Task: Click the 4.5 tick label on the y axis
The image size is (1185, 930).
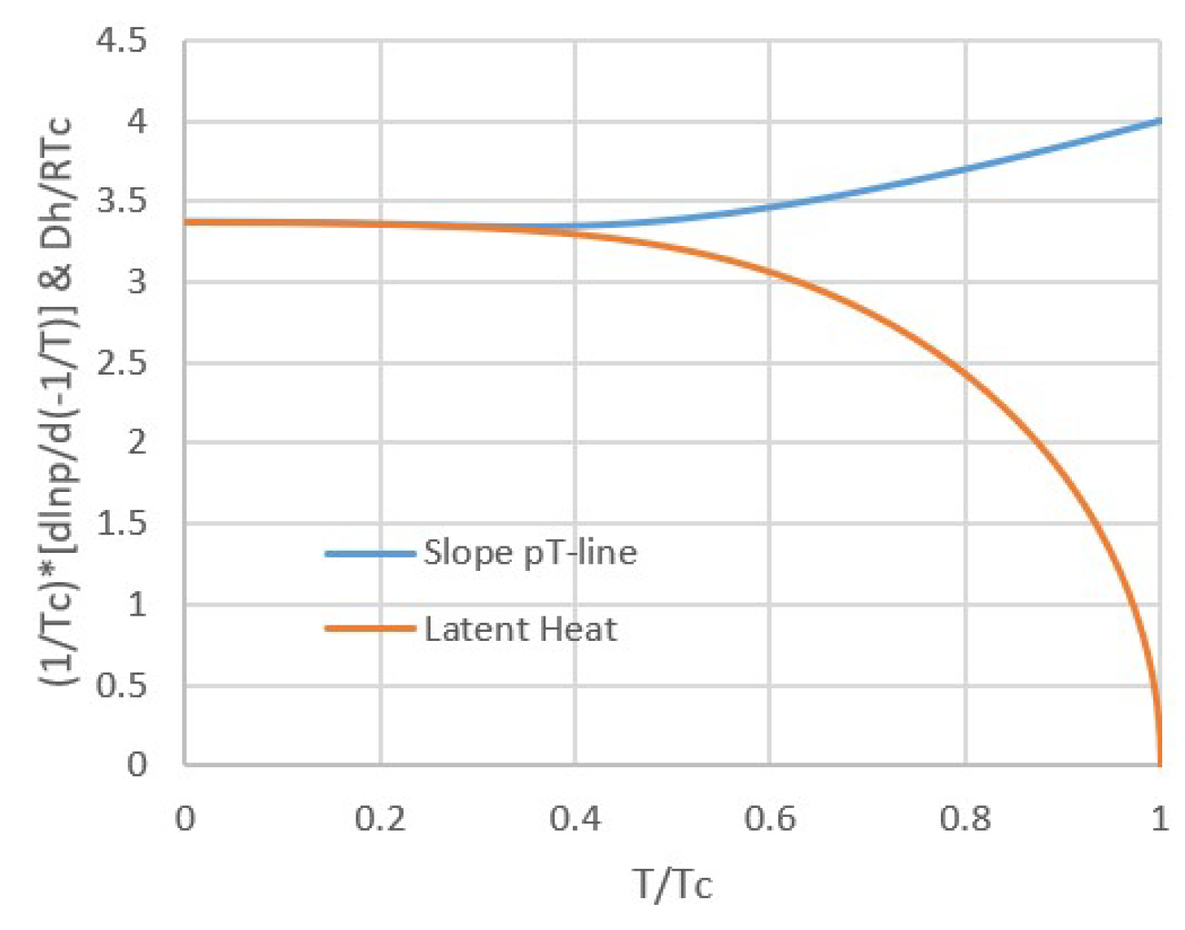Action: tap(121, 41)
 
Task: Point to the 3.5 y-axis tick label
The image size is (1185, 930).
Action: tap(121, 201)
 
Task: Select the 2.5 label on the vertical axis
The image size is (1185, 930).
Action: tap(121, 362)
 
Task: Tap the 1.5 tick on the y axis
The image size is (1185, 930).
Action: tap(121, 524)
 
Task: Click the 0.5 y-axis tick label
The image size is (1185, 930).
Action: tap(121, 685)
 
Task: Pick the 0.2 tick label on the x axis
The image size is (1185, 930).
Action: tap(380, 818)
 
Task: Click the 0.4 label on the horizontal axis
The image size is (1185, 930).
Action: tap(575, 818)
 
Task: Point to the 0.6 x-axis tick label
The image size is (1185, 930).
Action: tap(770, 818)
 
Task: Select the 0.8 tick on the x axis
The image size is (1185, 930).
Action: tap(964, 818)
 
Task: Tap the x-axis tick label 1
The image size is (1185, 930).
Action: tap(1160, 818)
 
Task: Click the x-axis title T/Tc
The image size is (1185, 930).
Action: tap(672, 884)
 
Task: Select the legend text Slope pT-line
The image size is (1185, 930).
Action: tap(530, 553)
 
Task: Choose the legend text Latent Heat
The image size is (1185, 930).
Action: tap(520, 629)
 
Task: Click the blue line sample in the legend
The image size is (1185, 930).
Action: tap(370, 554)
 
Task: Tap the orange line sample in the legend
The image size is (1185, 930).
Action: tap(370, 629)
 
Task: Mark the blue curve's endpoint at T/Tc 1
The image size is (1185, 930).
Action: tap(1160, 121)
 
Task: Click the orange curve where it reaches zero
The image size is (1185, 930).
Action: tap(1160, 764)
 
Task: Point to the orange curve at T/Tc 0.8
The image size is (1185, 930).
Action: tap(964, 375)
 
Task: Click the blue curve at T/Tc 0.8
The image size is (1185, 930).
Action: tap(964, 169)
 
